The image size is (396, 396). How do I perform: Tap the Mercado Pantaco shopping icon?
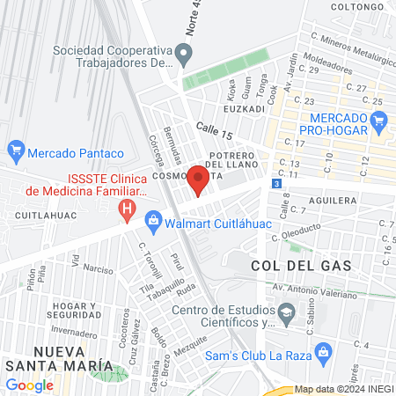click(15, 150)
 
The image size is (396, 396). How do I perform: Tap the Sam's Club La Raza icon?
click(325, 355)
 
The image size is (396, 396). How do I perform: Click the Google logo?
click(29, 385)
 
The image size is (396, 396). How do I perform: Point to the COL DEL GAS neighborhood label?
click(301, 265)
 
